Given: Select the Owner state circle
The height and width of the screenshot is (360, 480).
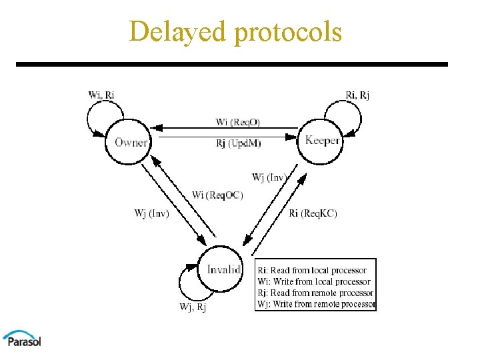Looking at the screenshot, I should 131,141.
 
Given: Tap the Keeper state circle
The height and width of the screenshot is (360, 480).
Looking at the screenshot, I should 323,140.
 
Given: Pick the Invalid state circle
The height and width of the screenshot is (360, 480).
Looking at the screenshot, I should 223,269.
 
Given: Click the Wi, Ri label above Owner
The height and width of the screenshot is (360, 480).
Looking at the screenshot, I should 101,95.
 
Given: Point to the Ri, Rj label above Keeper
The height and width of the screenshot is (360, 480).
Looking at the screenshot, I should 357,95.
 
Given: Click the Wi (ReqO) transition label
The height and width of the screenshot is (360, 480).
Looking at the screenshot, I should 238,122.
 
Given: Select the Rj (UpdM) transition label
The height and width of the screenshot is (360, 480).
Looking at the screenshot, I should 238,143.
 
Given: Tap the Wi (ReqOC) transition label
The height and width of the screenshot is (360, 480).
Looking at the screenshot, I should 217,195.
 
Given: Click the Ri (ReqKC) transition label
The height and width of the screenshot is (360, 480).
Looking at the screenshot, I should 313,213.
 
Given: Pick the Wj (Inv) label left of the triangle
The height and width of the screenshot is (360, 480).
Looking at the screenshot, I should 151,213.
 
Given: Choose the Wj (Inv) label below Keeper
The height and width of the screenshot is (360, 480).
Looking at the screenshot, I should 269,177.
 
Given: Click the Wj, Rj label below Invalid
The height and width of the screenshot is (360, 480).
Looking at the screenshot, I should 193,307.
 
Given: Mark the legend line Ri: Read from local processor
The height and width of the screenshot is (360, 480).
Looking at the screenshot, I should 312,271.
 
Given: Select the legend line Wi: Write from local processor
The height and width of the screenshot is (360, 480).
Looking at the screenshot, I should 314,282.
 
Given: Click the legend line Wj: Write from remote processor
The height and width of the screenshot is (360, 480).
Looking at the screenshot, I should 317,305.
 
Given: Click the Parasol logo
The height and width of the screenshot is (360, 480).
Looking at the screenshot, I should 21,337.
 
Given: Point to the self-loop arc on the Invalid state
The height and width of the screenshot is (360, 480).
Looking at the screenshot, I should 183,283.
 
